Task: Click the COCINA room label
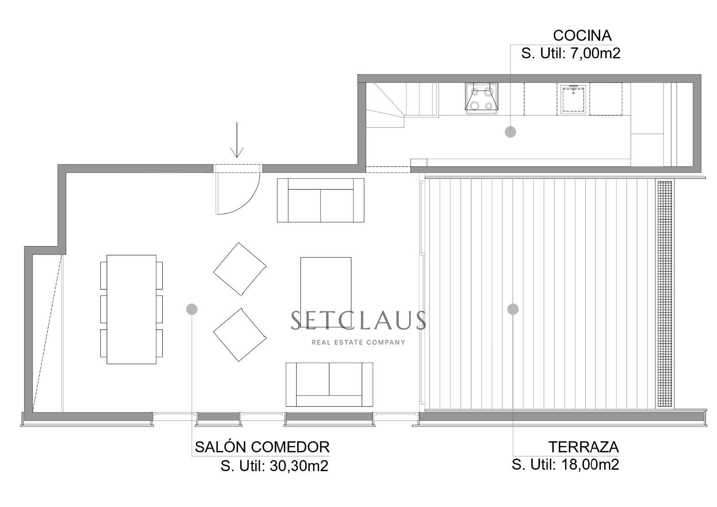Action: (582, 35)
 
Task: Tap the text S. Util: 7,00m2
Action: (570, 53)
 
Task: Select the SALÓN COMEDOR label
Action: (262, 447)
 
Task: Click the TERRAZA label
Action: (583, 447)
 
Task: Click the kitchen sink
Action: (573, 99)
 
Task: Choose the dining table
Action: (131, 309)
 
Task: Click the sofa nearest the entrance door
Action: (320, 200)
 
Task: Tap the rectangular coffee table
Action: (326, 286)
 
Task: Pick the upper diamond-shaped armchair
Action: (240, 269)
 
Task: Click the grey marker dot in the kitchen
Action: (510, 132)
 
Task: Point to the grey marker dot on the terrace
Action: (513, 309)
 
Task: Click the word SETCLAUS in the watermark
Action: (358, 320)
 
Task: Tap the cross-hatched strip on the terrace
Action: (665, 294)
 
